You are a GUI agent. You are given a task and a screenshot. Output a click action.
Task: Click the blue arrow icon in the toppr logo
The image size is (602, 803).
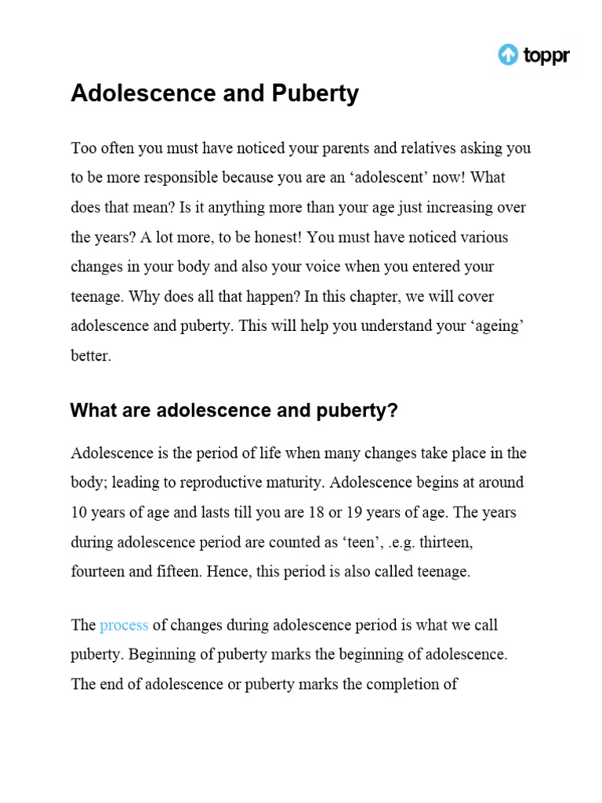[x=509, y=55]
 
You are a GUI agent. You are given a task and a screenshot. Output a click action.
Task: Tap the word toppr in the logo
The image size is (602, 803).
[x=546, y=56]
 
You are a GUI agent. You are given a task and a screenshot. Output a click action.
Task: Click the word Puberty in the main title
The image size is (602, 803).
[x=317, y=94]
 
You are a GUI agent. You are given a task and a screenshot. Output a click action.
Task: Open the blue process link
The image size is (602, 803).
[x=124, y=626]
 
